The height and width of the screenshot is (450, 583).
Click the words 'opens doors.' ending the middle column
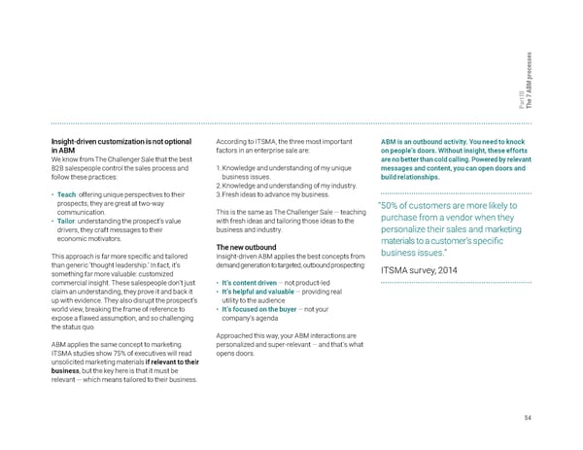pyautogui.click(x=235, y=354)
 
